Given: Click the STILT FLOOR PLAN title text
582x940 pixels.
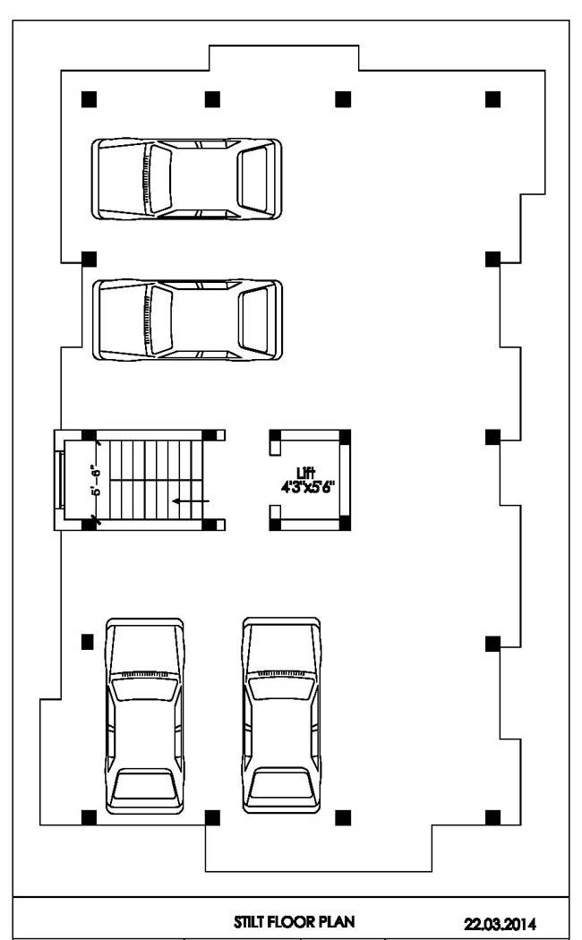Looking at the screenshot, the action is (x=295, y=921).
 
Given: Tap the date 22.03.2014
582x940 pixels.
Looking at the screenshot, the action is (x=500, y=923).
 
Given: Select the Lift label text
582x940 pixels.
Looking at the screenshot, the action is (x=305, y=473).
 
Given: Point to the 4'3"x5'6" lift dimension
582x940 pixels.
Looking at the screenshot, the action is (x=307, y=487).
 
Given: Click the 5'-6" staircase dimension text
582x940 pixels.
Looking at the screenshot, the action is (x=97, y=480).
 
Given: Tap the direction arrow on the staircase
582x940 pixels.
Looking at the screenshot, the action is (x=191, y=500).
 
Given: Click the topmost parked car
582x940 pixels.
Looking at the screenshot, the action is (x=186, y=179).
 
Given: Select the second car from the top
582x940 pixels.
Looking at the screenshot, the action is (x=187, y=320).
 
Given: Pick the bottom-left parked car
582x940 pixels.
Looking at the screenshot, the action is (x=144, y=716).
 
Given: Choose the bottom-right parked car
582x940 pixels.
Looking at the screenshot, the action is (x=282, y=715).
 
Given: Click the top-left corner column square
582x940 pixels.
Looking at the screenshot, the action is (x=89, y=98).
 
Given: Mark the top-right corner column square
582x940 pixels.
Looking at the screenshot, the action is (x=492, y=98).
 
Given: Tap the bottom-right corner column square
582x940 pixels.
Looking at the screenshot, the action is (x=492, y=817).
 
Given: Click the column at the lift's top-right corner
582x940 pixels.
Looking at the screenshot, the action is (x=346, y=437).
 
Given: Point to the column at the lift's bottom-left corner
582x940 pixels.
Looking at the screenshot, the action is (x=275, y=525).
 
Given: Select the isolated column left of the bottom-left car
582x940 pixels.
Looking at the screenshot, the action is (x=88, y=642).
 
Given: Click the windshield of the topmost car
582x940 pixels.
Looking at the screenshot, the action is (x=158, y=179).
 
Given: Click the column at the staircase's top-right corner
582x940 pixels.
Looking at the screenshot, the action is (x=210, y=435).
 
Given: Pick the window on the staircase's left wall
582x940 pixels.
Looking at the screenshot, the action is (x=60, y=480).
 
